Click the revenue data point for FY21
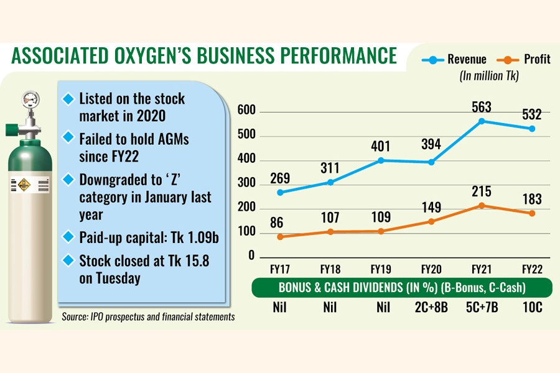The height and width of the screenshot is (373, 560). [481, 121]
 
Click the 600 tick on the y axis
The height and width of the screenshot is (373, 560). [247, 111]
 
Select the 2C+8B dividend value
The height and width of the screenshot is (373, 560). [430, 307]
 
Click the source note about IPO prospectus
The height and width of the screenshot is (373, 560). [148, 317]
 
